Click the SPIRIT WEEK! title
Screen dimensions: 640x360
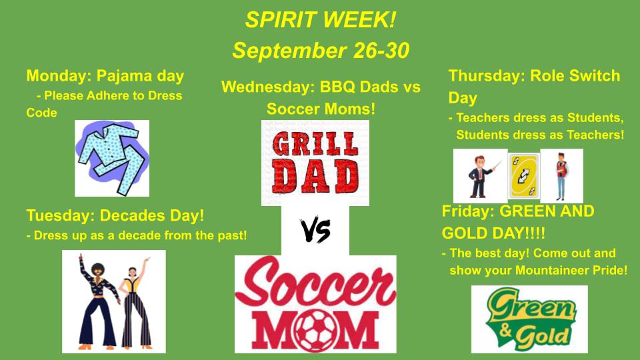(321, 19)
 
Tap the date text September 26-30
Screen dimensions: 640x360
(321, 51)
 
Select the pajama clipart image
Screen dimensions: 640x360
(112, 159)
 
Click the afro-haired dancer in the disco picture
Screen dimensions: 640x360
(98, 302)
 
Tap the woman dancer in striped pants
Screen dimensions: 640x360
(135, 304)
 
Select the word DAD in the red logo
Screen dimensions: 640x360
(315, 177)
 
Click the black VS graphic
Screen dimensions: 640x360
(315, 231)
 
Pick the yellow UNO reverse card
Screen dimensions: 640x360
(524, 176)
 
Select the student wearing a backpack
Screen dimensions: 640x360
(561, 176)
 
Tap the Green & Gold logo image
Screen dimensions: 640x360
(529, 319)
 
